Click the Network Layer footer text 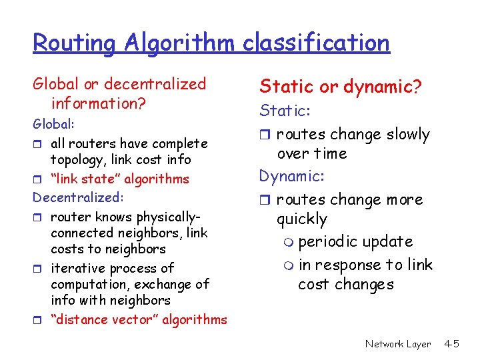(398, 344)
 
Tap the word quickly (302, 219)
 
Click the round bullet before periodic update (288, 242)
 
